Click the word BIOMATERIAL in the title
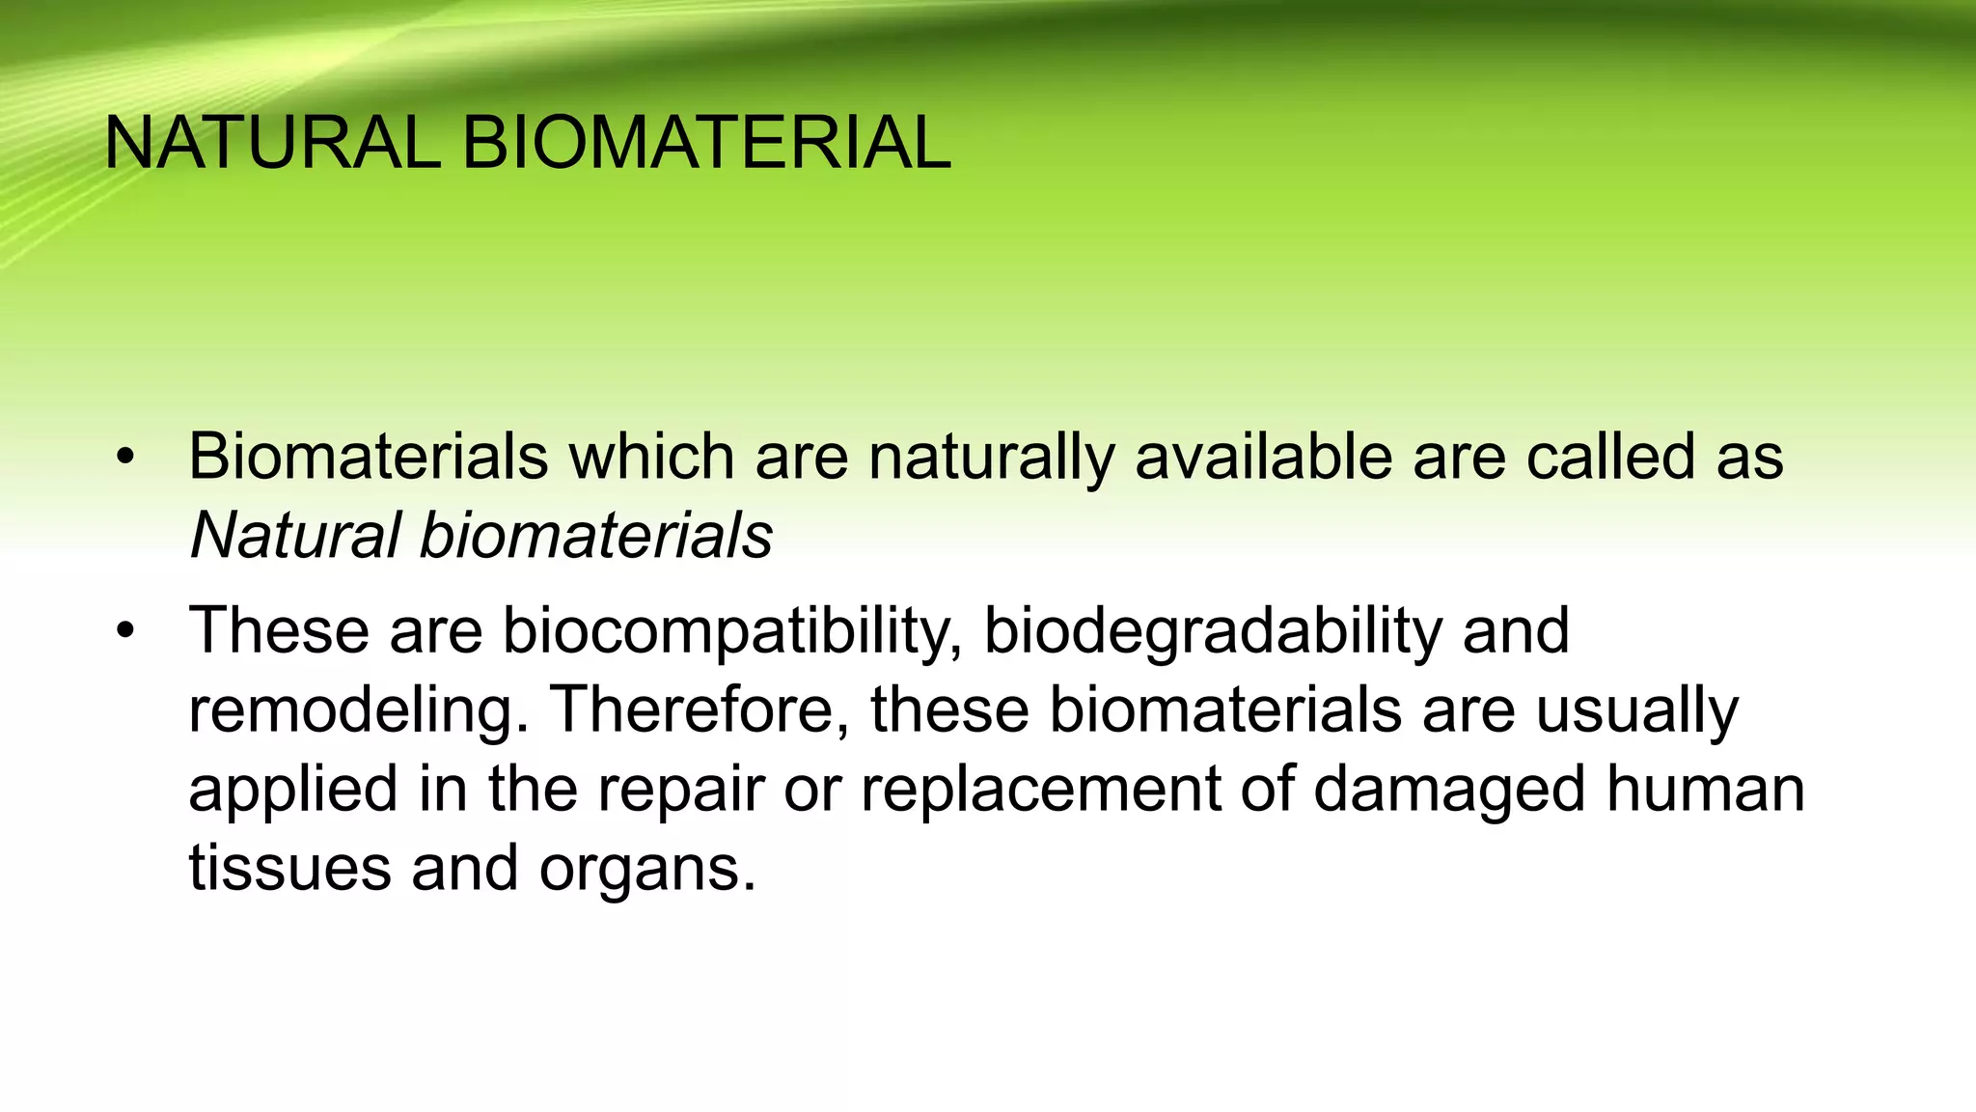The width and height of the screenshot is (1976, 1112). (706, 143)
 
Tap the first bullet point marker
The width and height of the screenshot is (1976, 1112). (124, 458)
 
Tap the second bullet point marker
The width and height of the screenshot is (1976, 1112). (124, 632)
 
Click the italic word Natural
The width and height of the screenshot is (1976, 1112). (295, 535)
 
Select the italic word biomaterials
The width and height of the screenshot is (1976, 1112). (596, 535)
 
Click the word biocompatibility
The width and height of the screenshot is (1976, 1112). (731, 632)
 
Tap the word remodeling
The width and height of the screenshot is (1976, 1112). (358, 711)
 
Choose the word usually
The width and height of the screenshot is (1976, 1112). (1636, 711)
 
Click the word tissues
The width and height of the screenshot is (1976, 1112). (289, 868)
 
